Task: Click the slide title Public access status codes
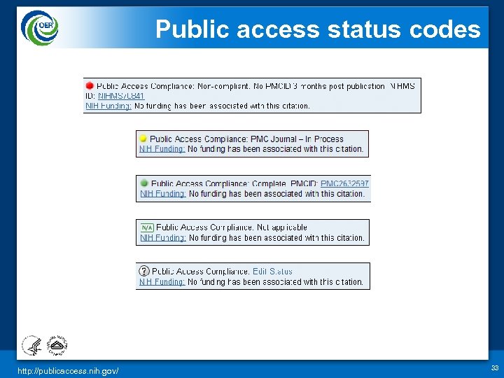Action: click(x=318, y=29)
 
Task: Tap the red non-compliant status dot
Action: click(x=90, y=86)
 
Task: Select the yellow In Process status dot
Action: click(x=143, y=139)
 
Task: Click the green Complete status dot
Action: click(x=144, y=183)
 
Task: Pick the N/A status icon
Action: click(x=147, y=227)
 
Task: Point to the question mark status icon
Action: click(x=144, y=271)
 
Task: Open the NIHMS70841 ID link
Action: click(x=121, y=96)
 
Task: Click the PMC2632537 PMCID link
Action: click(x=344, y=183)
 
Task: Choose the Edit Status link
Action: click(x=272, y=272)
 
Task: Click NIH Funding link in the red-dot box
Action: click(x=108, y=106)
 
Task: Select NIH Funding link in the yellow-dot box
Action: click(x=162, y=149)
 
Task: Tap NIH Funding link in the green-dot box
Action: click(x=162, y=194)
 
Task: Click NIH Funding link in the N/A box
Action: click(x=162, y=238)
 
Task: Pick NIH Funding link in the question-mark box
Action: click(x=162, y=282)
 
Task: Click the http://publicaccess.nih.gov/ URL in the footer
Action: click(x=69, y=370)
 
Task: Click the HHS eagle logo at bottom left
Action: click(x=32, y=345)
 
